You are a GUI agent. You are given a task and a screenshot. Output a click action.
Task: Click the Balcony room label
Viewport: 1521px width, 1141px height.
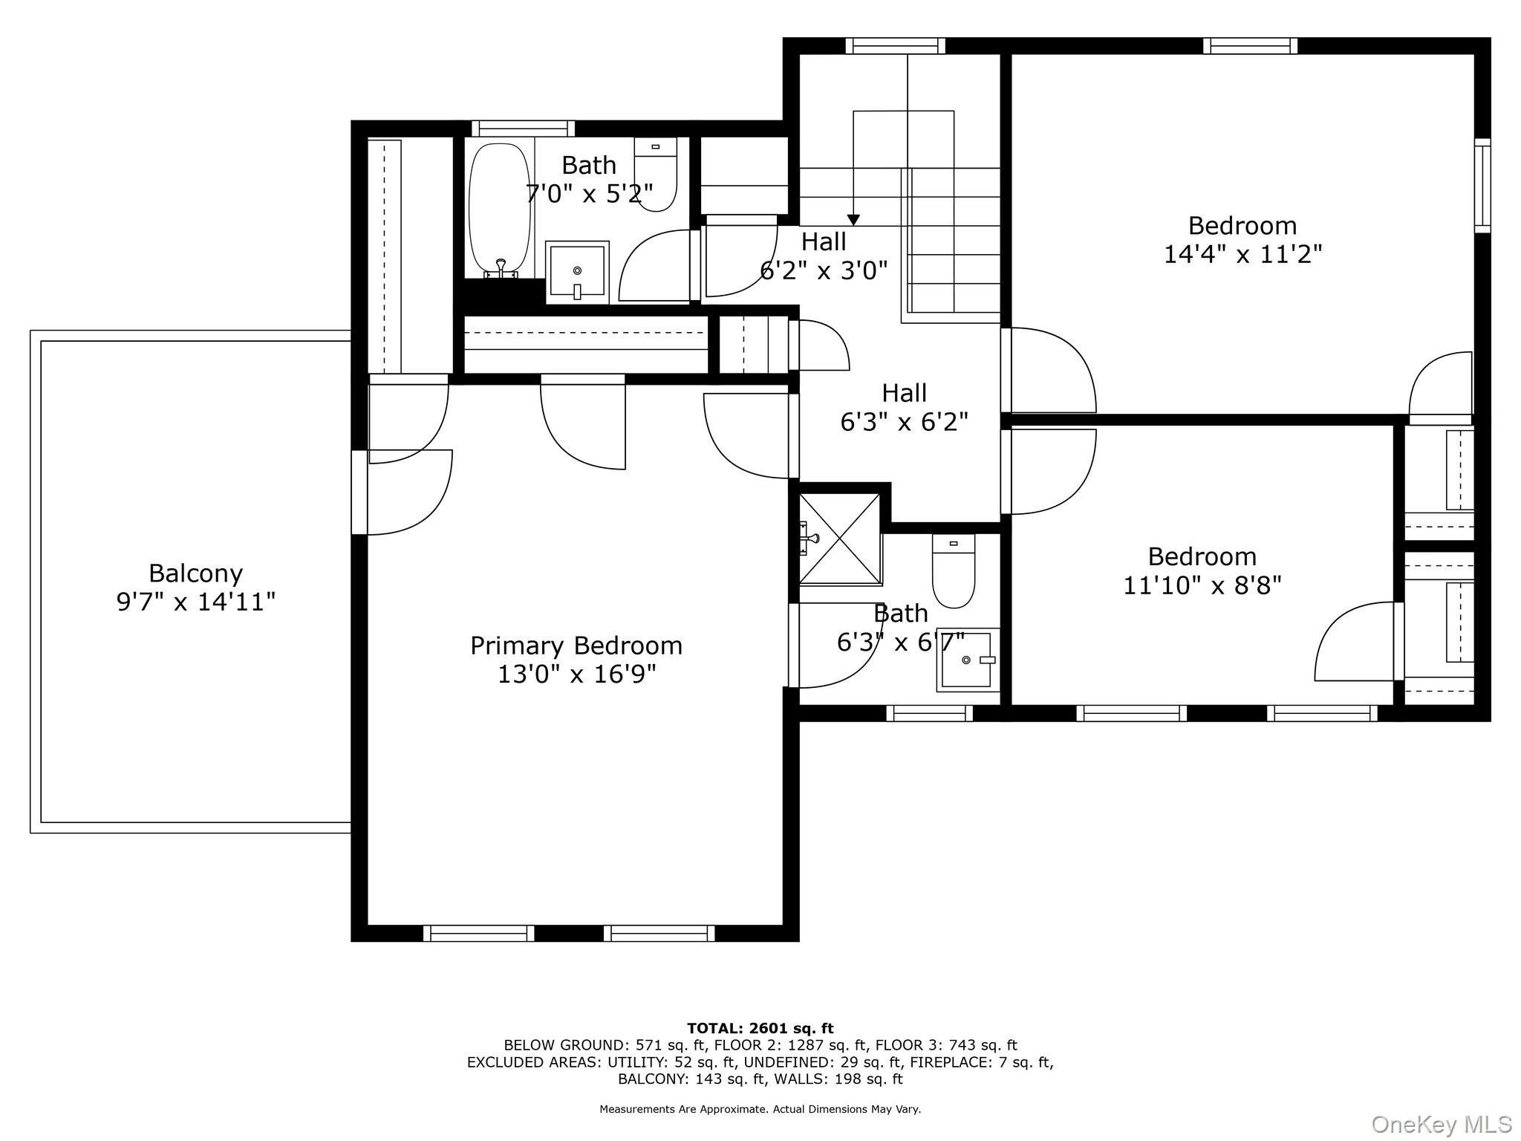coord(195,573)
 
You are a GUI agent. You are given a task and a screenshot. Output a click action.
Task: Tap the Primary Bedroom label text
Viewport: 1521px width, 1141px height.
coord(576,646)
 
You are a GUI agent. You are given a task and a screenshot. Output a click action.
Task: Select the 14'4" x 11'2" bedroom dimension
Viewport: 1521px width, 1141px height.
coord(1242,254)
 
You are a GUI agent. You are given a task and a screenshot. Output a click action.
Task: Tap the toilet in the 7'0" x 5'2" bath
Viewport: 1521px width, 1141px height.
coord(656,175)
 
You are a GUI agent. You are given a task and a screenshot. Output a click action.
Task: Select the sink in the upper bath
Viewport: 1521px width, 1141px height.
coord(577,272)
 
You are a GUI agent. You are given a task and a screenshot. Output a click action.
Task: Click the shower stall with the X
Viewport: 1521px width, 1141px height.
coord(840,538)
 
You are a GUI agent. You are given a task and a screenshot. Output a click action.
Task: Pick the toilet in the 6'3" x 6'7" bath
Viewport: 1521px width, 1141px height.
coord(954,571)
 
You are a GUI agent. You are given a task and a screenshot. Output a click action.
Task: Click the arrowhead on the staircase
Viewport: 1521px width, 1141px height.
coord(853,220)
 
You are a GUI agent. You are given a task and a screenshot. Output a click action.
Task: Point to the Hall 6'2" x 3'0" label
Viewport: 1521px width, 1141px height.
coord(824,256)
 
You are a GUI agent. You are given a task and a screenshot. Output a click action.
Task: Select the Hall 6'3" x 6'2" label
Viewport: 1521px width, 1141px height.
coord(905,407)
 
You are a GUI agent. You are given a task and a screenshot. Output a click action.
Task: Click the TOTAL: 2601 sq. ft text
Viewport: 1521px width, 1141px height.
coord(760,1029)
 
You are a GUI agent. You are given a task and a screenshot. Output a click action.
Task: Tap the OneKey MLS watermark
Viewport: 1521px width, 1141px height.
coord(1442,1124)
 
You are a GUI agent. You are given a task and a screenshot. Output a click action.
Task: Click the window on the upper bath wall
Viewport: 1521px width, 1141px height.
coord(523,129)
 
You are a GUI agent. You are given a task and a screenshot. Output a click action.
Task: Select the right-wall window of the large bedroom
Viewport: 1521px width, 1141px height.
coord(1482,186)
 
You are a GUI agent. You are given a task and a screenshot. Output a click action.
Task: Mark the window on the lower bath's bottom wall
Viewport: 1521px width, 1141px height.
coord(930,713)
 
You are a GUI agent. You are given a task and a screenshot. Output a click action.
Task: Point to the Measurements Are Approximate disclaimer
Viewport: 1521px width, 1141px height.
coord(760,1109)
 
